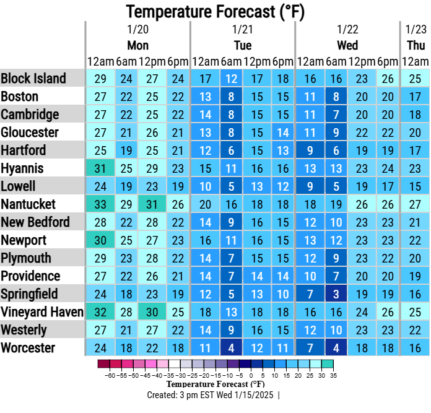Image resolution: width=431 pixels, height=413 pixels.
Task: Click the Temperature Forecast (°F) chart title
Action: (x=215, y=11)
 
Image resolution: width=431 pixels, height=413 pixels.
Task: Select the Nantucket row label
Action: (x=28, y=204)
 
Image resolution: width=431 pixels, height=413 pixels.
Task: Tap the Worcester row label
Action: (x=28, y=348)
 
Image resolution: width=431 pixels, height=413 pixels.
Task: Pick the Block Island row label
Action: (x=33, y=78)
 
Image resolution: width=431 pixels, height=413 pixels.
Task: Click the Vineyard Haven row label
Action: (x=42, y=312)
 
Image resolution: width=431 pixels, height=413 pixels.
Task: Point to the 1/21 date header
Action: (x=243, y=30)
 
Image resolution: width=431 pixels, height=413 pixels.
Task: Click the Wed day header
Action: (x=347, y=46)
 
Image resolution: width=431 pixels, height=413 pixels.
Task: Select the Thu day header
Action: (x=416, y=46)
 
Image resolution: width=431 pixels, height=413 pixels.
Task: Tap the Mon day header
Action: (x=137, y=46)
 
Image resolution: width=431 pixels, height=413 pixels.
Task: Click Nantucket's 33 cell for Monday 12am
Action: (x=100, y=204)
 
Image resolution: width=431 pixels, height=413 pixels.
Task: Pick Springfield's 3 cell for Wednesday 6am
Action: (x=336, y=294)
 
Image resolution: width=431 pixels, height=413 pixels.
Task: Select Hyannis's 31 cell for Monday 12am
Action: (x=100, y=168)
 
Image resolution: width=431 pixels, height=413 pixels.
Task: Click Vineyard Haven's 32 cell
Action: (x=100, y=312)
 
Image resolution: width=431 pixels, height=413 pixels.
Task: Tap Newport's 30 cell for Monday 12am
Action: (x=100, y=240)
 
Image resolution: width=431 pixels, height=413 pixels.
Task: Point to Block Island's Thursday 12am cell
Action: (x=415, y=79)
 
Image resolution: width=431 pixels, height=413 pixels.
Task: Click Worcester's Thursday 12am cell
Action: (x=415, y=348)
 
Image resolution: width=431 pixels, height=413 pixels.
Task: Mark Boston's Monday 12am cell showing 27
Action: (x=100, y=97)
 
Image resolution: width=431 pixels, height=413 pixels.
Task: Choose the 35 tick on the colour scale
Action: (x=333, y=375)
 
